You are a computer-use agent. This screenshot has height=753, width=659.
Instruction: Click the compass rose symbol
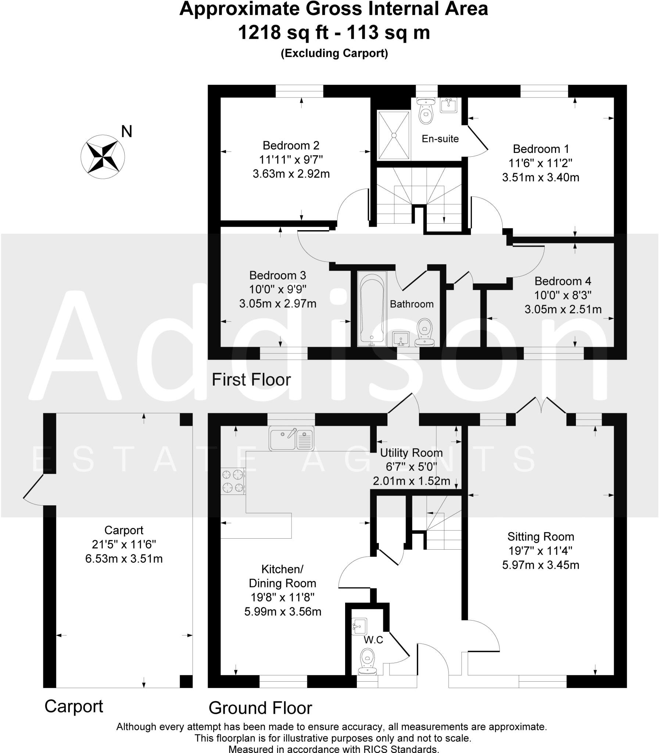(x=103, y=157)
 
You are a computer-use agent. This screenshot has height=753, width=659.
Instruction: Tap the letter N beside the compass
(x=126, y=131)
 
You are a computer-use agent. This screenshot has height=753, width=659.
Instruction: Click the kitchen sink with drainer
(x=291, y=438)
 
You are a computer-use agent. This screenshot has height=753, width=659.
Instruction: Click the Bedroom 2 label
(x=291, y=146)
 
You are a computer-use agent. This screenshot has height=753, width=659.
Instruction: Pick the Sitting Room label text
(x=541, y=537)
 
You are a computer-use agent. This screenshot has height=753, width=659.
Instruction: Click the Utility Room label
(x=411, y=453)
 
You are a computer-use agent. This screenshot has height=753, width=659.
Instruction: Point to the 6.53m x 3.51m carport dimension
(x=124, y=559)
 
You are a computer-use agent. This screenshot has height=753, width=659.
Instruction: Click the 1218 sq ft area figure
(x=283, y=32)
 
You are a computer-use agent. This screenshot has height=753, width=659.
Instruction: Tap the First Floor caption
(x=251, y=380)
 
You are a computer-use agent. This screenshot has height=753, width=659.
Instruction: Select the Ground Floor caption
(x=260, y=708)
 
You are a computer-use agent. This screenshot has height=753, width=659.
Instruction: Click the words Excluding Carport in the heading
(x=334, y=54)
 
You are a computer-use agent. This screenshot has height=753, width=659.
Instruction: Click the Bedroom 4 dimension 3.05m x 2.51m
(x=563, y=309)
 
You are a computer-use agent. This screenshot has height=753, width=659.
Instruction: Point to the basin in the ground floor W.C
(x=359, y=625)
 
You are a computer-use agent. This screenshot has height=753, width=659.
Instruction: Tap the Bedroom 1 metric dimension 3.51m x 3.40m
(x=541, y=177)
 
